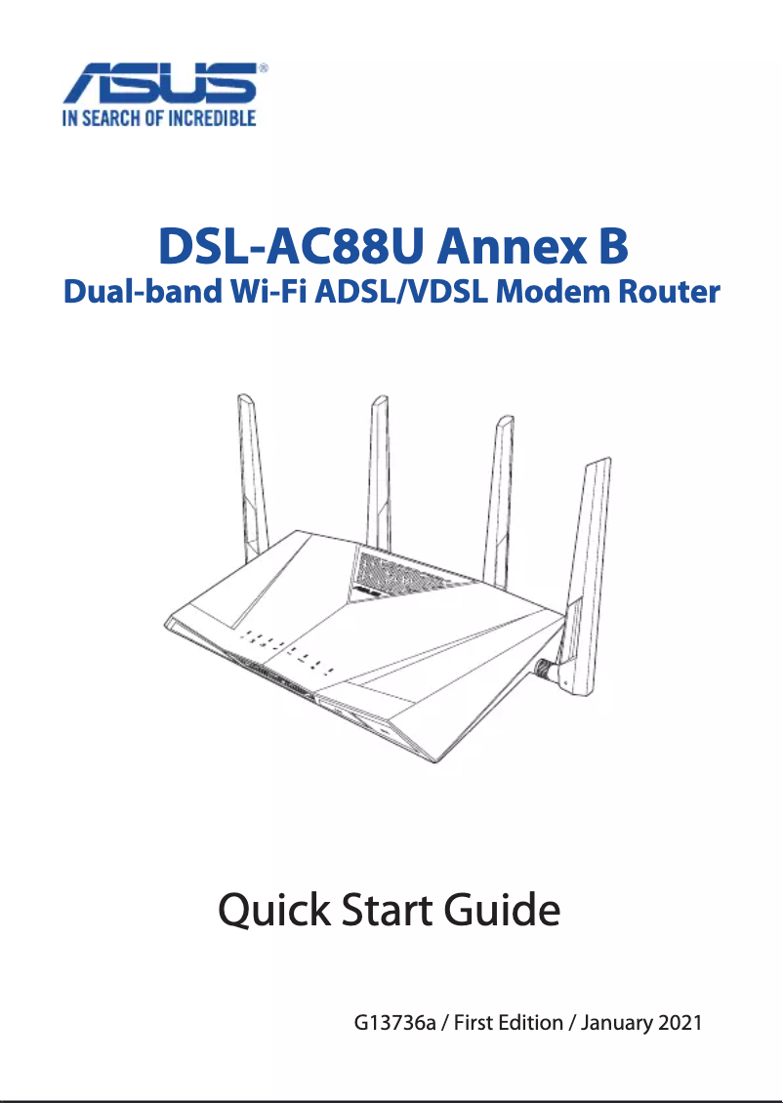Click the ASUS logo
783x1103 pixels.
click(x=162, y=86)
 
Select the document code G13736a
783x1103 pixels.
click(x=393, y=1024)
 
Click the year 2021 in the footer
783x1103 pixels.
click(x=680, y=1024)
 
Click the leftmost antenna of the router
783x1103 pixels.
click(x=251, y=478)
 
